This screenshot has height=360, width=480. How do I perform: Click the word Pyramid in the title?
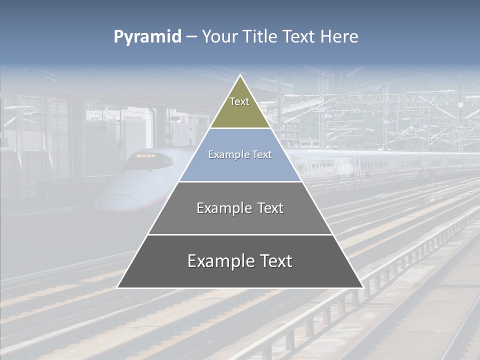click(147, 37)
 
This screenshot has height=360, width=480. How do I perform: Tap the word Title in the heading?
click(259, 37)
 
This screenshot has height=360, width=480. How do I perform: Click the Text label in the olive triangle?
click(239, 101)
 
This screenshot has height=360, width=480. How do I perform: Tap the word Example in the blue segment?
click(228, 155)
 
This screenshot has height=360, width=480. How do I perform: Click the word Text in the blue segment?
click(261, 155)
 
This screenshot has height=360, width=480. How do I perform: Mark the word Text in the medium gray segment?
click(269, 208)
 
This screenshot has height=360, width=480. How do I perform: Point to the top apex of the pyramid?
click(240, 76)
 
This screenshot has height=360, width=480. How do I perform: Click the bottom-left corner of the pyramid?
click(118, 287)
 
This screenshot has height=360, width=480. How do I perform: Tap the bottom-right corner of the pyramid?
click(362, 287)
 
